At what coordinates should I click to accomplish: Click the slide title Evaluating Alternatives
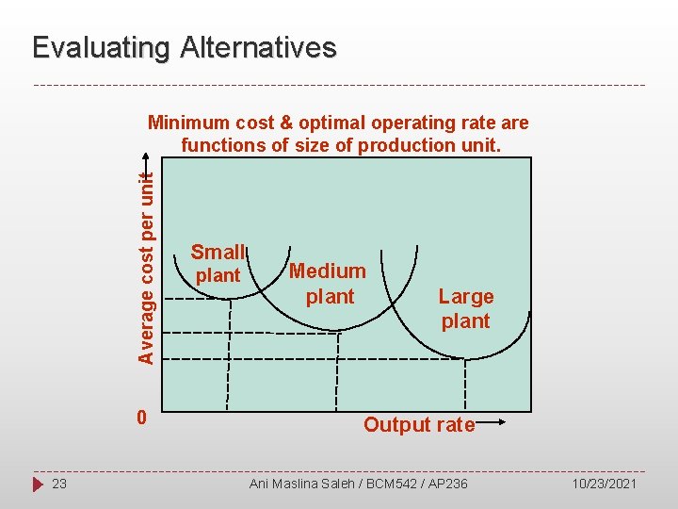[184, 48]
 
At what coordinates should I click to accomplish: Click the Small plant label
[218, 263]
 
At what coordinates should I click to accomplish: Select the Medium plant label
[328, 284]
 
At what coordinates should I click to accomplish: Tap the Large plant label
[466, 308]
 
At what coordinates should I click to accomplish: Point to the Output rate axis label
[419, 425]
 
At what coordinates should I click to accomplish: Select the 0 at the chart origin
[140, 417]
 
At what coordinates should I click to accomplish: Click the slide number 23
[59, 484]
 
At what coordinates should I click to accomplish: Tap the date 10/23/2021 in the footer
[605, 484]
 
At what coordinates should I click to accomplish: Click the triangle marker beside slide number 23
[38, 484]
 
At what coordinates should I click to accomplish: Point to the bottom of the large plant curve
[465, 359]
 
